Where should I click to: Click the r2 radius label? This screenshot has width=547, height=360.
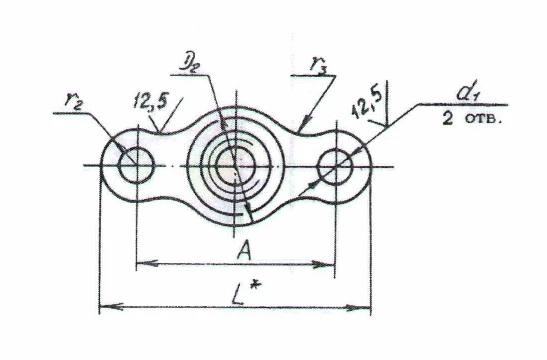click(74, 102)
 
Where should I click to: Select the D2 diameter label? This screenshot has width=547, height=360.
click(190, 65)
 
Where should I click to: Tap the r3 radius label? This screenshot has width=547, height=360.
click(319, 67)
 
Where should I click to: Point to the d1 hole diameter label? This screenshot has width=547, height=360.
click(467, 93)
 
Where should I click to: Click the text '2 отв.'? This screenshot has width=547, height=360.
click(472, 119)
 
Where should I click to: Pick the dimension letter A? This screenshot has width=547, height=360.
click(244, 251)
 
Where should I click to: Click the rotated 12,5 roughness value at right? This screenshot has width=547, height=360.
click(368, 103)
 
